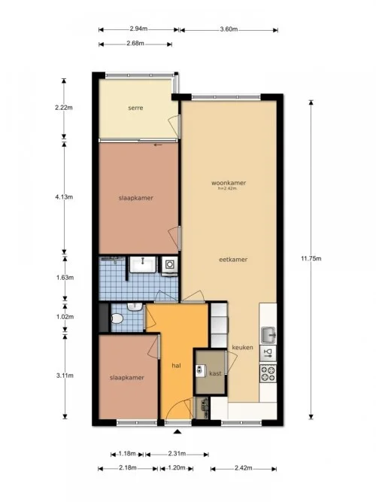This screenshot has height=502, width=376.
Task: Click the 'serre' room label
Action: click(135, 108)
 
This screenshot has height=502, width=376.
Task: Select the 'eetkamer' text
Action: click(233, 260)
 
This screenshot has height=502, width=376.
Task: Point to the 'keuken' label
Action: click(242, 347)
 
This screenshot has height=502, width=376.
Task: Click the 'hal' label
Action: click(177, 365)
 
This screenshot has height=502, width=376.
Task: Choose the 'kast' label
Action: click(214, 373)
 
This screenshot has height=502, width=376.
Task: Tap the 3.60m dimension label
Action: click(229, 29)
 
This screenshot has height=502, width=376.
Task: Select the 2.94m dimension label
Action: click(138, 29)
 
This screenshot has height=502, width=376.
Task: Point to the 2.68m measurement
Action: click(138, 43)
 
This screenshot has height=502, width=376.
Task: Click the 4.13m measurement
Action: click(65, 197)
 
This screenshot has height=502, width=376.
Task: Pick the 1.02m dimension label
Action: click(65, 317)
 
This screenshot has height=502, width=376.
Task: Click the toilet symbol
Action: click(117, 319)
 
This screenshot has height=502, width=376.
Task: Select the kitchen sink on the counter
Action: click(268, 333)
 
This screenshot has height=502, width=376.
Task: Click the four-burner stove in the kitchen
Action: click(268, 371)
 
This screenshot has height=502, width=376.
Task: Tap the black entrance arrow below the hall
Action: click(177, 432)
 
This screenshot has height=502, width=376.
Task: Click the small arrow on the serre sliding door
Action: click(157, 145)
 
